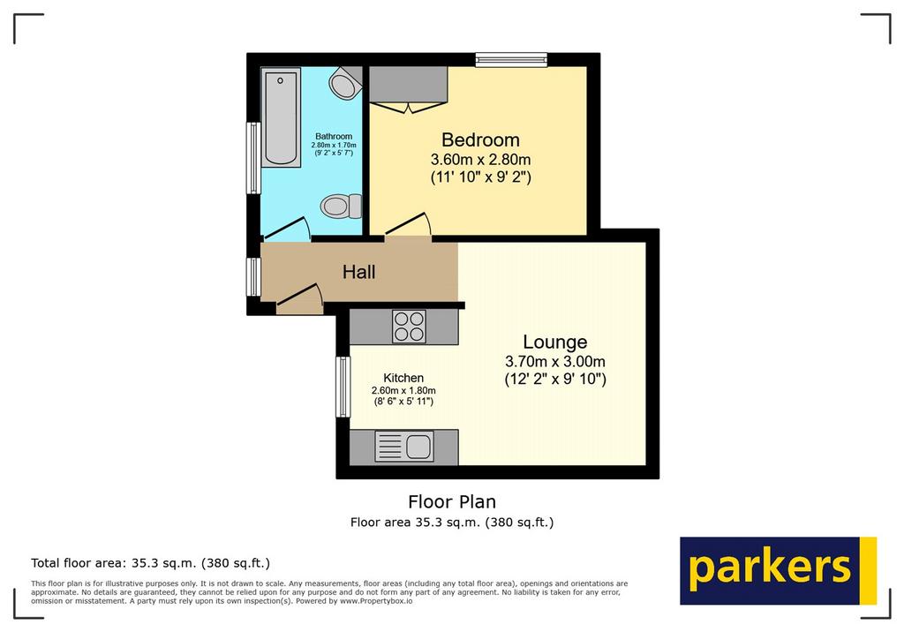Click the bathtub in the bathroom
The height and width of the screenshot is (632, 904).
pos(281,117)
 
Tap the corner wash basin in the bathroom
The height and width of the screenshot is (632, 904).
pos(345,83)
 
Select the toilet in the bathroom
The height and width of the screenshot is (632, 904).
pos(341,206)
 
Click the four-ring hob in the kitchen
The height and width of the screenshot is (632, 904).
pos(409,327)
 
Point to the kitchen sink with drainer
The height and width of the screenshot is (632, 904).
pos(403,447)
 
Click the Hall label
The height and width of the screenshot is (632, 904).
pos(358,272)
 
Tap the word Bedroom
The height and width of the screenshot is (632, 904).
pos(480,139)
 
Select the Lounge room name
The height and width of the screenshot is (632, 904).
pos(554,342)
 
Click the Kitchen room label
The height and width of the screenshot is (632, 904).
pos(403,378)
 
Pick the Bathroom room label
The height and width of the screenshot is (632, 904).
pos(334,137)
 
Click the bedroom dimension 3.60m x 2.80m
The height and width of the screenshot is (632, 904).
pos(480,159)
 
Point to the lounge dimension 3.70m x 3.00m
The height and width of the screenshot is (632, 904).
pos(555,362)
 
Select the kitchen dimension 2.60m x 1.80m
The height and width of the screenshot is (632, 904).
pos(403,390)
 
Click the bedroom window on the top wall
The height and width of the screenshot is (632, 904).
pos(511,59)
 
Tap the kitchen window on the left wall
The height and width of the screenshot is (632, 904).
pos(343,387)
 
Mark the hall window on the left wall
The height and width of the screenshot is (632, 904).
pos(253,277)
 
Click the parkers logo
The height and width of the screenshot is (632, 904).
pos(779,571)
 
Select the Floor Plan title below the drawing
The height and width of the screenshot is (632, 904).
pos(452,501)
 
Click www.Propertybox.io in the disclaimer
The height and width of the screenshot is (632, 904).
pos(376,601)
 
